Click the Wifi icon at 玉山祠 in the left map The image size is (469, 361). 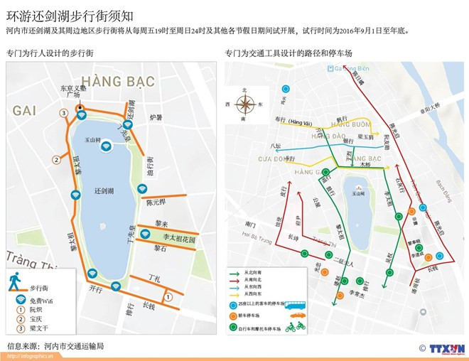click(x=107, y=146)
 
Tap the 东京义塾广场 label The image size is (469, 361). click(x=72, y=92)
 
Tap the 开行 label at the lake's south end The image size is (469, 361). click(x=97, y=289)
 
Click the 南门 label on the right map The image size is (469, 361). click(x=249, y=224)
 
